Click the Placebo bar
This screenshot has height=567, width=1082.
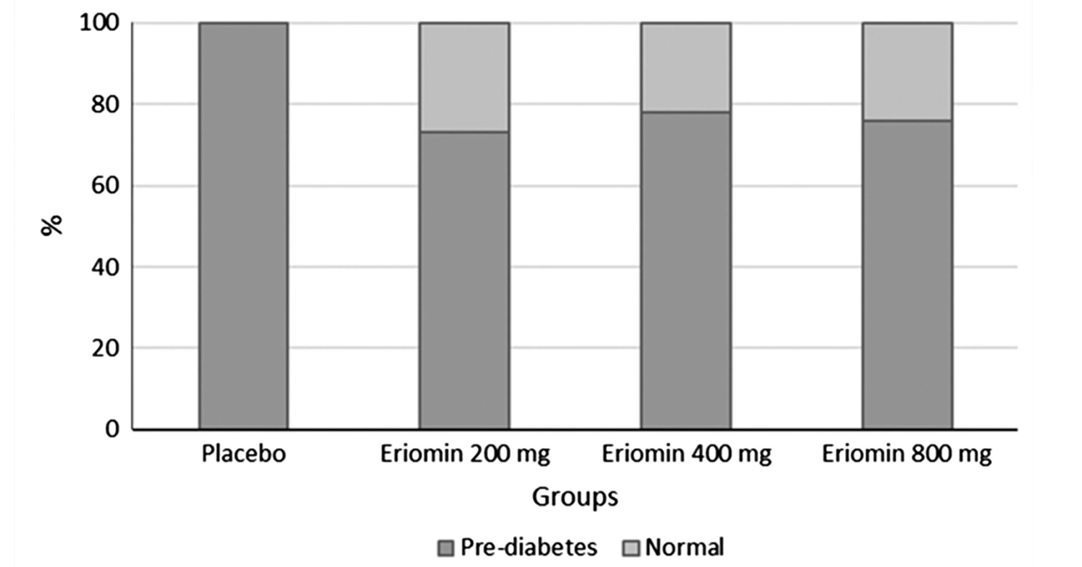pyautogui.click(x=244, y=226)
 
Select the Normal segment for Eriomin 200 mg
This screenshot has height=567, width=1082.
pyautogui.click(x=465, y=77)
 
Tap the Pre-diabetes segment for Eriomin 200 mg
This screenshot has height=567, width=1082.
pyautogui.click(x=465, y=280)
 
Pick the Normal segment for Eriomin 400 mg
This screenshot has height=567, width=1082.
pyautogui.click(x=686, y=68)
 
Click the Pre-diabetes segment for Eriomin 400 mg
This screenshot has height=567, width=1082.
pyautogui.click(x=686, y=270)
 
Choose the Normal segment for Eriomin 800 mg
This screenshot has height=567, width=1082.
pyautogui.click(x=907, y=72)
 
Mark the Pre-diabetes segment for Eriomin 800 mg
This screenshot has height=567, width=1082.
pyautogui.click(x=907, y=274)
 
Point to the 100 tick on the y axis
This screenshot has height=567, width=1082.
pyautogui.click(x=100, y=23)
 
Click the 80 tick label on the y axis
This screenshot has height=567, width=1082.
pyautogui.click(x=105, y=105)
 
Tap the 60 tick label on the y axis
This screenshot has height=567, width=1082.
pyautogui.click(x=105, y=186)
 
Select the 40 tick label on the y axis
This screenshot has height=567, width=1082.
pyautogui.click(x=105, y=267)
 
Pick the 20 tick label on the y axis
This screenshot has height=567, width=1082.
pyautogui.click(x=105, y=348)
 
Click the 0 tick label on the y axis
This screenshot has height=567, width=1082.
pyautogui.click(x=112, y=429)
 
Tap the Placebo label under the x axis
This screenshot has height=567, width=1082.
pyautogui.click(x=244, y=454)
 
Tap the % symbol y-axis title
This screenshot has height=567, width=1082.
pyautogui.click(x=51, y=226)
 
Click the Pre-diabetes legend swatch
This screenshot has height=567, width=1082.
pyautogui.click(x=446, y=548)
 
